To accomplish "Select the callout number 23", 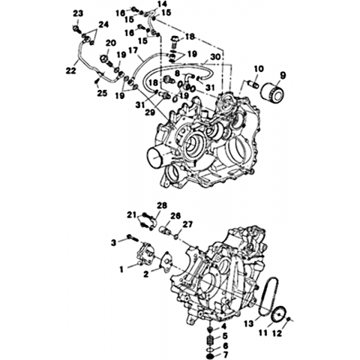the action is click(78, 13).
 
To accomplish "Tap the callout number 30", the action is click(215, 57).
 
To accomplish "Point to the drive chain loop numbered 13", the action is click(268, 295).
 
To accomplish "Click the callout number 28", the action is click(162, 205).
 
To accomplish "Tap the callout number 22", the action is click(70, 71).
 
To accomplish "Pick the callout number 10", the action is click(259, 69).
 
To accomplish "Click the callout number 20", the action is click(111, 43).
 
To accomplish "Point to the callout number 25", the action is click(103, 93).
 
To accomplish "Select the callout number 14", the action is click(162, 4).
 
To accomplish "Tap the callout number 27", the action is click(187, 224).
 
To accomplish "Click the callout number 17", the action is click(133, 50).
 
